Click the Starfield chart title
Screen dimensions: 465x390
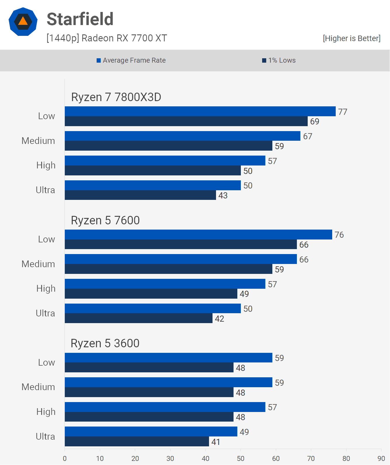80,19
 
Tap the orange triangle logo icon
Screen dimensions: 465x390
23,22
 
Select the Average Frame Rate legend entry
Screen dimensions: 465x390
131,60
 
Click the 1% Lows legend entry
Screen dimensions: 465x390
279,60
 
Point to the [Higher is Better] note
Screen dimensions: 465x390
351,38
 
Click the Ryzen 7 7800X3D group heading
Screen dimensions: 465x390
116,97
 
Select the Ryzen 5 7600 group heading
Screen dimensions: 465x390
105,221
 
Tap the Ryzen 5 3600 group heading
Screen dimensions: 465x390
105,344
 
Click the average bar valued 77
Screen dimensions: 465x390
200,111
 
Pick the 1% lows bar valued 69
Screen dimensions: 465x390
186,121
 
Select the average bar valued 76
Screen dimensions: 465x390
198,235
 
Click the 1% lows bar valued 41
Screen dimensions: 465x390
137,442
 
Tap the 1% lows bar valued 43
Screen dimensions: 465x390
140,195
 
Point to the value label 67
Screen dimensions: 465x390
308,136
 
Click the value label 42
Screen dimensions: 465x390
220,319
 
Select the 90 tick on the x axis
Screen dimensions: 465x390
381,459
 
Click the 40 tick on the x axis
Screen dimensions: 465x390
205,459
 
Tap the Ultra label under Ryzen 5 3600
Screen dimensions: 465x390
45,436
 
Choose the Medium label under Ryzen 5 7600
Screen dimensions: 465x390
38,264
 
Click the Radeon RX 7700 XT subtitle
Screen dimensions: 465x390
107,38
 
